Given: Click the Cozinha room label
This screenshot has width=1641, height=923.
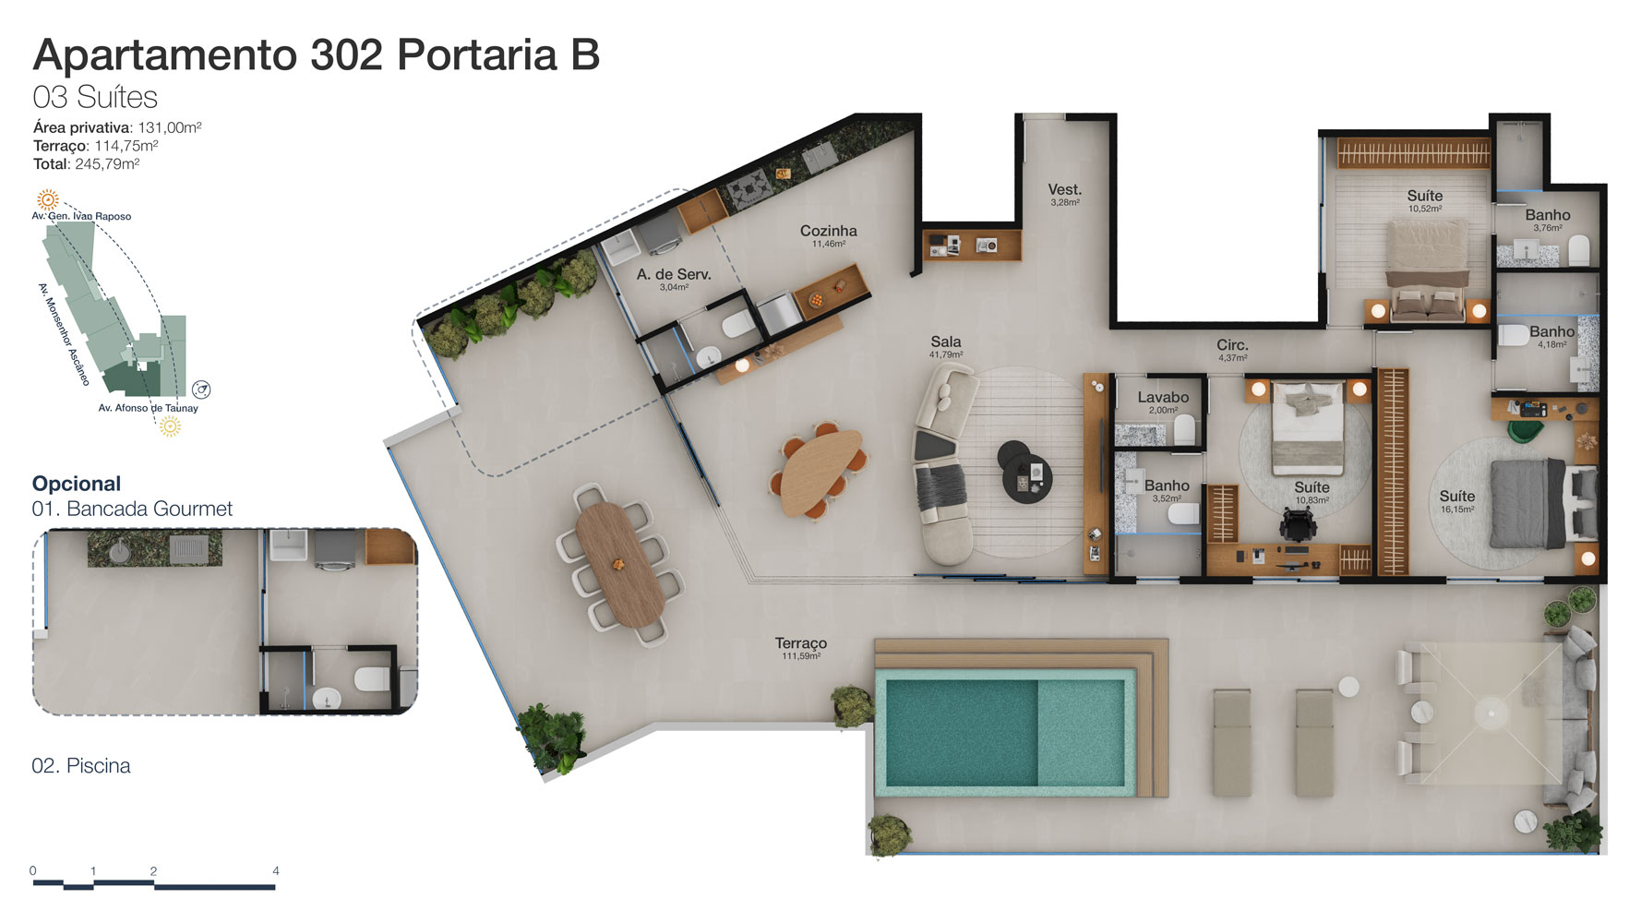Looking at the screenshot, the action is [828, 231].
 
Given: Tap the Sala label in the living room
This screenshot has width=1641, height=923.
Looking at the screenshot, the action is [946, 342].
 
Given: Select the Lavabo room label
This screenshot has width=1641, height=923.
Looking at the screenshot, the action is [1163, 397].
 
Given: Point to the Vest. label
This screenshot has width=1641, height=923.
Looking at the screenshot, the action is [1064, 189].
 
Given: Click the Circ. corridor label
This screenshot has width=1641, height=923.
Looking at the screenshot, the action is [1232, 345].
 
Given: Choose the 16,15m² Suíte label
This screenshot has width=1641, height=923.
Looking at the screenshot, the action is [1457, 496].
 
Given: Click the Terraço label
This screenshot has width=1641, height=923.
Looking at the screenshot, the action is [800, 643].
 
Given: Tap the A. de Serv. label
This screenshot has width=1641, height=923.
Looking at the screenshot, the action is [674, 274].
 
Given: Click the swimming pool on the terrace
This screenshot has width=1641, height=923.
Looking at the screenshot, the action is [1005, 733].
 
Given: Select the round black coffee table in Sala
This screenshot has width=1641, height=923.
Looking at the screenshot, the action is [1026, 473].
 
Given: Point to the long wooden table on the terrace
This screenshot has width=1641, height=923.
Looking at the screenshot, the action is [620, 565].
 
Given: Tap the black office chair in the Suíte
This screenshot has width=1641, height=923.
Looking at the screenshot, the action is [1296, 525].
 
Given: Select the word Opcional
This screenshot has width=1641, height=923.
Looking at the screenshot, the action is [77, 484].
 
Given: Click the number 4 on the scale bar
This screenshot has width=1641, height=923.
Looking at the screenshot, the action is [276, 870].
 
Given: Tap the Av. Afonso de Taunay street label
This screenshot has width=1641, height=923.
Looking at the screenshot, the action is [148, 408].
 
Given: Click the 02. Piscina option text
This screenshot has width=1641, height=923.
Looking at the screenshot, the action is [81, 766].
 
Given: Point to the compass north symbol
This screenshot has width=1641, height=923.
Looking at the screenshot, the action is [201, 390].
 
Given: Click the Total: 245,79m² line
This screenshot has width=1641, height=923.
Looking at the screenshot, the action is [87, 164].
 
